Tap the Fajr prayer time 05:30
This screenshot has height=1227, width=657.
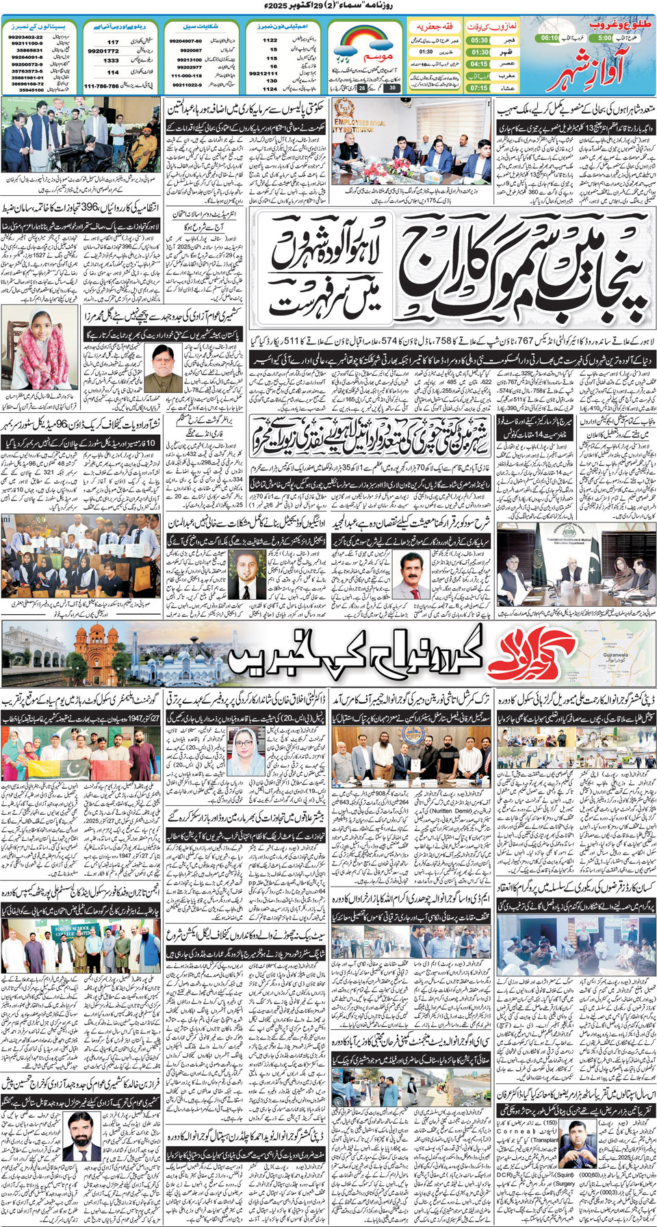479,40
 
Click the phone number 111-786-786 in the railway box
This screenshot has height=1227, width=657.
101,86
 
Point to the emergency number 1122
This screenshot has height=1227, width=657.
270,40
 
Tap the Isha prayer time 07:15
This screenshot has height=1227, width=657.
479,88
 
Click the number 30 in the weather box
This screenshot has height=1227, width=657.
392,88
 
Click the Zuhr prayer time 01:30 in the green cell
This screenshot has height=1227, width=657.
480,52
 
